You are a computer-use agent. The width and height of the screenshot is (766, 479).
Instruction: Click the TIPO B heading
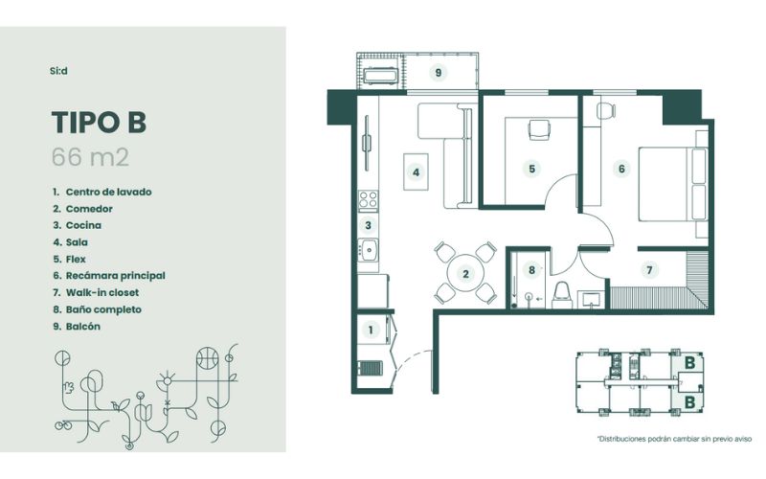99,122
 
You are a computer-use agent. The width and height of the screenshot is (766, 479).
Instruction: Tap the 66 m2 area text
90,157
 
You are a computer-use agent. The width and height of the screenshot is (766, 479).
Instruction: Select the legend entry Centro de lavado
102,193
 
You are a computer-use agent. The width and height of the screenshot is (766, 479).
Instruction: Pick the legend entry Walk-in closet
97,293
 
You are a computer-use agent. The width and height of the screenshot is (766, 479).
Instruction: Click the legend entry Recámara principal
109,276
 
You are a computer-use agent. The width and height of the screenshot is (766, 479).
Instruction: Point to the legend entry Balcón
77,327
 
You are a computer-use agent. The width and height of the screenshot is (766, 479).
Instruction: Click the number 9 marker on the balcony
439,73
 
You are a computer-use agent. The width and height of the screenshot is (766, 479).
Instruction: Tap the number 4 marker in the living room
416,172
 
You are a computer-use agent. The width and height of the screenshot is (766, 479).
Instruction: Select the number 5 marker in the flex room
531,169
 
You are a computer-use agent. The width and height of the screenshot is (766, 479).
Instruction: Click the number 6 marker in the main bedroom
621,169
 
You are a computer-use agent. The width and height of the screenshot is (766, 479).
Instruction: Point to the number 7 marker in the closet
649,270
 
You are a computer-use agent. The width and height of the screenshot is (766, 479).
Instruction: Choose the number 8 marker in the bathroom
531,270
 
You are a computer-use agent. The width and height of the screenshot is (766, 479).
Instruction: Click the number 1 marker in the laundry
371,330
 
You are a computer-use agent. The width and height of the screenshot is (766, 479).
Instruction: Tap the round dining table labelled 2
465,274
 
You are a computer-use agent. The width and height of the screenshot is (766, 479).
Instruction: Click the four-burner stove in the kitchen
368,200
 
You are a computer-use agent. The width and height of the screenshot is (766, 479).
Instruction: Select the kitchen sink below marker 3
368,250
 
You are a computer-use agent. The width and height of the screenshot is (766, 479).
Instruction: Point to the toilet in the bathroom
562,294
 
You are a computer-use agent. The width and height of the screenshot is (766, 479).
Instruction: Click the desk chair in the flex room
539,130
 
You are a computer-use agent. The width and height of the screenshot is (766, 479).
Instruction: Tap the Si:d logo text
58,71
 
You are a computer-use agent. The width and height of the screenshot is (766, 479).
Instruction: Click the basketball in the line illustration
207,357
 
